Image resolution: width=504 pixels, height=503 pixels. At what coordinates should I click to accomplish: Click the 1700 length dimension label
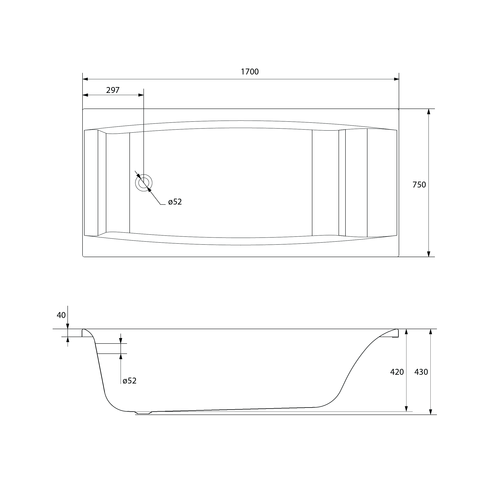[x=250, y=72]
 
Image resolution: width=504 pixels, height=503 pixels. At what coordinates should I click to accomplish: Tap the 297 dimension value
[x=113, y=90]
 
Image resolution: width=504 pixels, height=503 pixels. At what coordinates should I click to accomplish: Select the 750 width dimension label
[x=419, y=185]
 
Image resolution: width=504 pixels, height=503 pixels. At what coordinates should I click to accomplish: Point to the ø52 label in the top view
[x=175, y=202]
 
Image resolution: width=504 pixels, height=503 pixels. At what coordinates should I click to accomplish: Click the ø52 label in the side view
[x=130, y=381]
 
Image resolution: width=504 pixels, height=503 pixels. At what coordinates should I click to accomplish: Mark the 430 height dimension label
[x=421, y=372]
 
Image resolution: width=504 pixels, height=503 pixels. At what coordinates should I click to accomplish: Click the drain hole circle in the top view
[x=144, y=183]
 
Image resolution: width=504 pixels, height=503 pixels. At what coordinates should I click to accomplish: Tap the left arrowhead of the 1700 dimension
[x=85, y=79]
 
